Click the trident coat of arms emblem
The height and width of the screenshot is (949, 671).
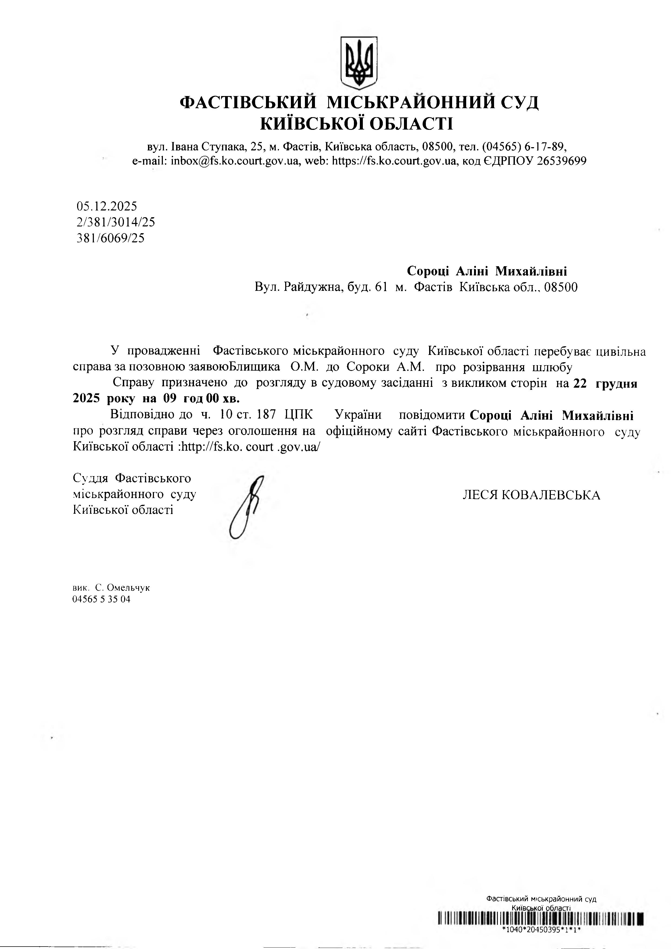(x=359, y=62)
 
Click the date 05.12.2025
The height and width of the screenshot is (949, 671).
(x=107, y=206)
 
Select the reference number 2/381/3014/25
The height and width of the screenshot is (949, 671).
(x=116, y=222)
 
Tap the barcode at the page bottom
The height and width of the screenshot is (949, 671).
(x=541, y=918)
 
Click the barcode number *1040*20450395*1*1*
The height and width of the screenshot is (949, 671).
(x=541, y=930)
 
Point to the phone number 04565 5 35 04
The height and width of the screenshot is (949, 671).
(x=101, y=599)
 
